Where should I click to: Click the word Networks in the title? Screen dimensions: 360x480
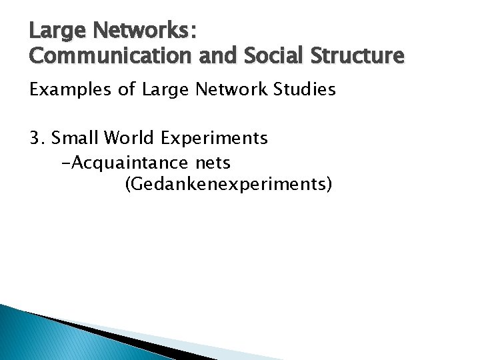(x=141, y=31)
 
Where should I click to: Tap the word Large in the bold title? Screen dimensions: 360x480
(x=53, y=31)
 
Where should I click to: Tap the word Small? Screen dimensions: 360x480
(x=73, y=138)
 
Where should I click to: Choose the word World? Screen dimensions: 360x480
(x=125, y=138)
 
